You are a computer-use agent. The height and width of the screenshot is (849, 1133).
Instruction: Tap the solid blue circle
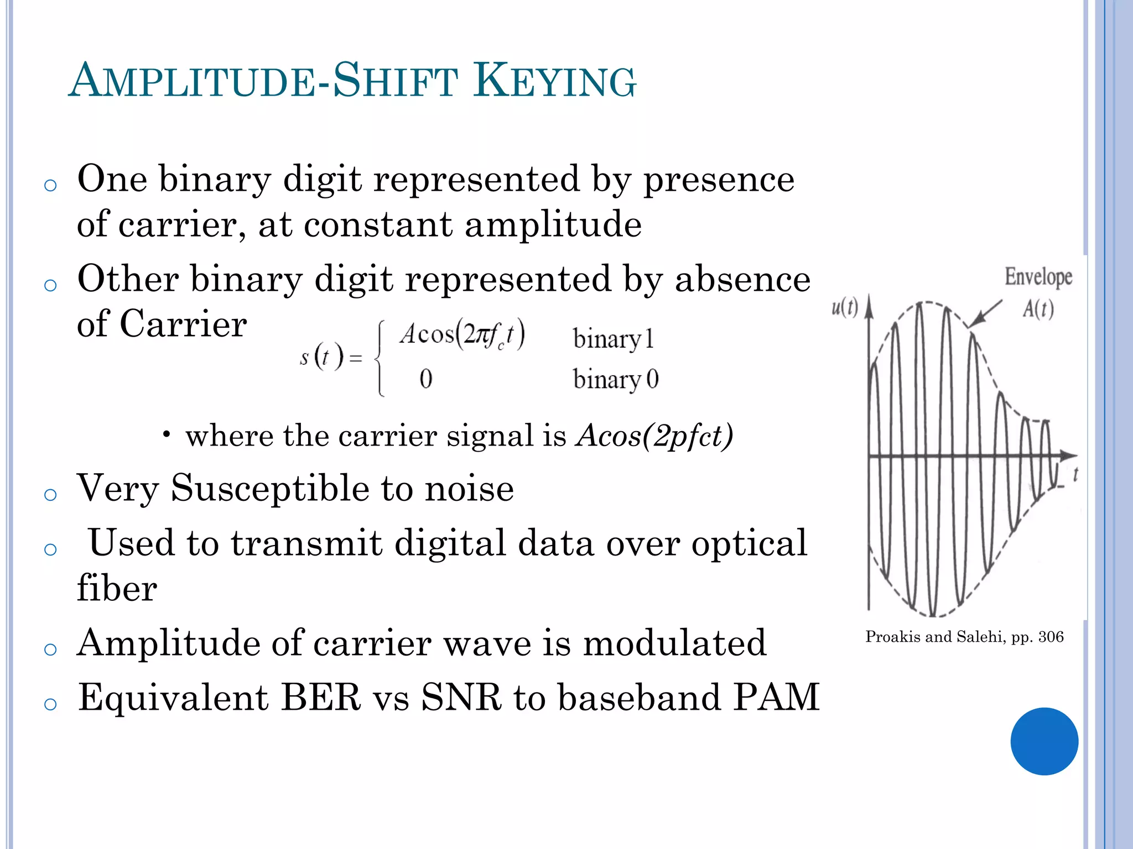(1044, 741)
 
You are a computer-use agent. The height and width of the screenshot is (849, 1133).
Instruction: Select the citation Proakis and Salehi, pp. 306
(964, 637)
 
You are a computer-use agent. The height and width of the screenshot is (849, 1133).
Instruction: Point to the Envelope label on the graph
(1038, 276)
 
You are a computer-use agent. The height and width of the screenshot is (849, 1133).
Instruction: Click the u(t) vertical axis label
(844, 307)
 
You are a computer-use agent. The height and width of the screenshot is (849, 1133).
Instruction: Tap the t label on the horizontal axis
(1075, 474)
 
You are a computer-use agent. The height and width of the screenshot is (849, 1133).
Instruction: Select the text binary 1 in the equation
(613, 339)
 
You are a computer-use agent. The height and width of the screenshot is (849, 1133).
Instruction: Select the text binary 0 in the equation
(615, 380)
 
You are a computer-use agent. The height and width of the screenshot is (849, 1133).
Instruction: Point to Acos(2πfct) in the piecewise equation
(462, 334)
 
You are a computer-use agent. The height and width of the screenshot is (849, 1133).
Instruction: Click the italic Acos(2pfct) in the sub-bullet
(654, 436)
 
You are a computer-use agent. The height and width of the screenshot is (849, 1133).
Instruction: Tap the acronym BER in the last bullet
(321, 697)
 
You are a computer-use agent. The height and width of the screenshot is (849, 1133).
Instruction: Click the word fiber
(117, 588)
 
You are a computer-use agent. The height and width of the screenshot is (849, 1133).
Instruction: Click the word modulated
(674, 643)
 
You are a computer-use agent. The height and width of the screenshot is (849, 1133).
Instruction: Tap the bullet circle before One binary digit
(50, 185)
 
